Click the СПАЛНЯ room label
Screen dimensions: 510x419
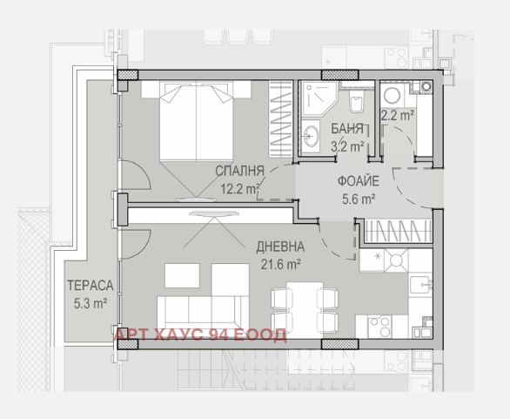239,171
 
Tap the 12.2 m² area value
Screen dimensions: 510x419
240,188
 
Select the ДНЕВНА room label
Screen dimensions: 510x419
280,247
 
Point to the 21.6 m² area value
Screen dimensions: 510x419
280,264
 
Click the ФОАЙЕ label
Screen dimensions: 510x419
359,181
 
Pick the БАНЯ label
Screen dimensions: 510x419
347,129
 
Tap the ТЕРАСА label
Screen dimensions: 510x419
91,286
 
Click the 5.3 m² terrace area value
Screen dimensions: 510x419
91,303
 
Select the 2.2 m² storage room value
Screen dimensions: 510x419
398,115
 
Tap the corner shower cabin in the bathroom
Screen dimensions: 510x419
319,98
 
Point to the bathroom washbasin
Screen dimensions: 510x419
311,137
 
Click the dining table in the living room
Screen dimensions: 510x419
305,309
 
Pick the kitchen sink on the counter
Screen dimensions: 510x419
420,285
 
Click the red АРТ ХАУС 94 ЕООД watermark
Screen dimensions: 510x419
201,335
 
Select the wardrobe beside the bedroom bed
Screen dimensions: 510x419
280,119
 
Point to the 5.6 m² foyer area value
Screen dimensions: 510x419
359,199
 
